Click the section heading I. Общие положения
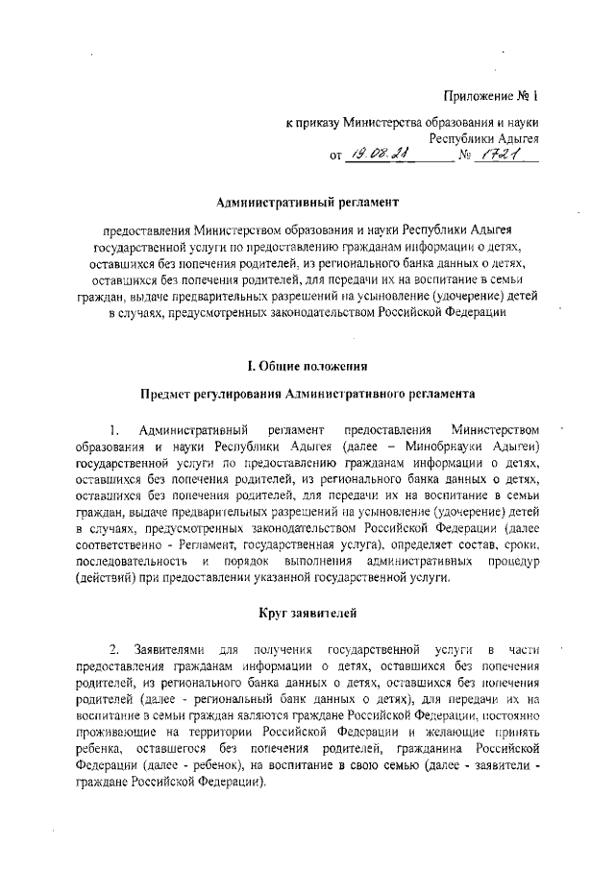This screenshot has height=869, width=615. click(x=307, y=365)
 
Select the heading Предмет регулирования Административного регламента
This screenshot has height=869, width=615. click(x=307, y=394)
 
